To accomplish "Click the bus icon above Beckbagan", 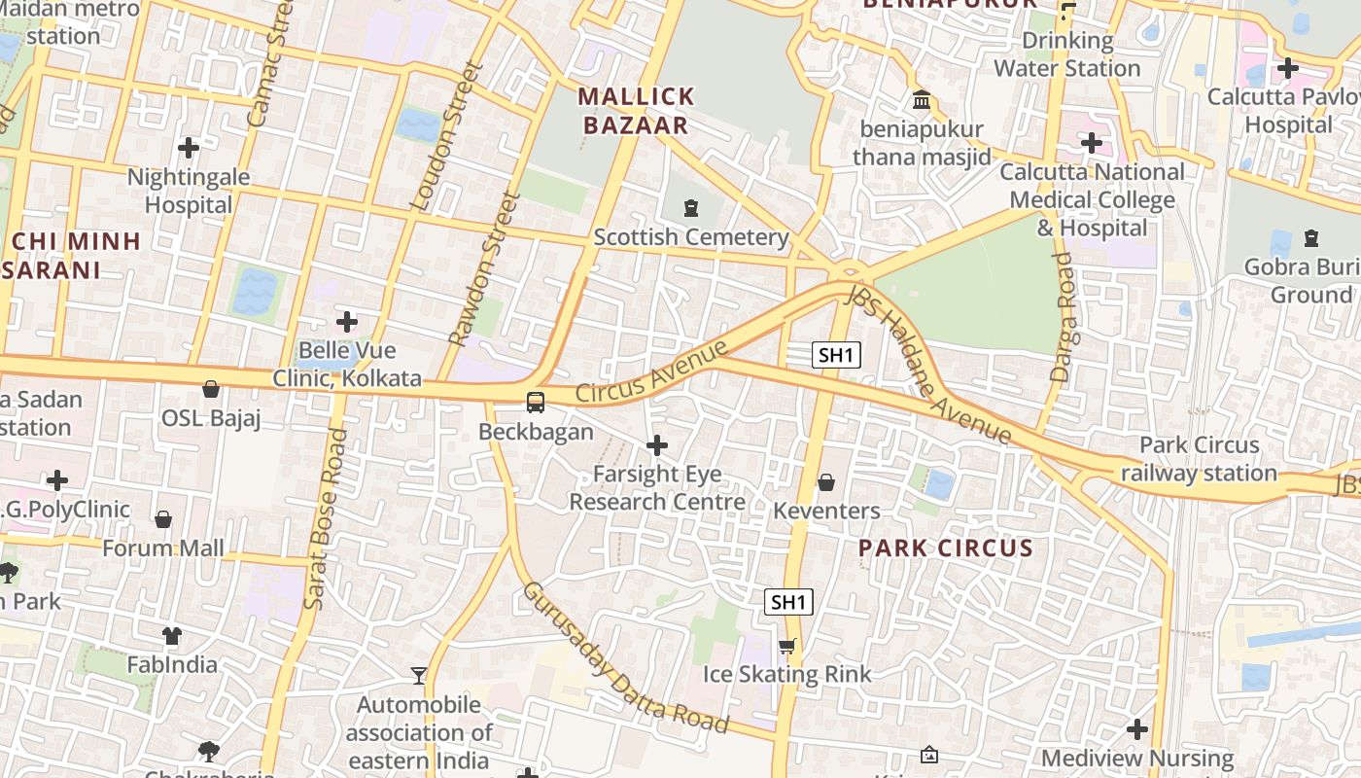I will (535, 402).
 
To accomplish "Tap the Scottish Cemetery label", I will (691, 237).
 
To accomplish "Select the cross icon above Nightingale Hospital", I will (189, 148).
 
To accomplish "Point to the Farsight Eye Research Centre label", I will (657, 488).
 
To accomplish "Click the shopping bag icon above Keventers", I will (825, 481).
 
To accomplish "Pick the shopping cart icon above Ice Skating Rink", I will (787, 646).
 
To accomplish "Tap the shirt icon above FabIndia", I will (172, 636).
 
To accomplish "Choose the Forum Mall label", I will (163, 548).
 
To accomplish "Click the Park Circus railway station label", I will (1199, 459).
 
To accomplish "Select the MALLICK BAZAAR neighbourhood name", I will (637, 110).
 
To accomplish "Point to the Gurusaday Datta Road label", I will (624, 657).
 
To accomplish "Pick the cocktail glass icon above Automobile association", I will (419, 675).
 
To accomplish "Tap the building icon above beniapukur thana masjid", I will (921, 99).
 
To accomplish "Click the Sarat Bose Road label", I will (325, 520).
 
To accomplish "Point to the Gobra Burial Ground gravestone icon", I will (1310, 237).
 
